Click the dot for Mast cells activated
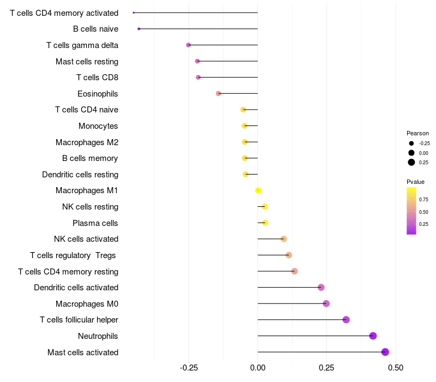tap(385, 352)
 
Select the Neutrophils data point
tap(373, 336)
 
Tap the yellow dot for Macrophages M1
tap(258, 190)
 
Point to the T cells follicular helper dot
tap(346, 320)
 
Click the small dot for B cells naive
tap(139, 29)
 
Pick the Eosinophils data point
tap(219, 93)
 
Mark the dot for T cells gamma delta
tap(189, 45)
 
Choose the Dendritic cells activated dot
tap(321, 288)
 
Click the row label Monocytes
tap(98, 126)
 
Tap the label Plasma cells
tap(95, 223)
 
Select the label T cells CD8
tap(97, 77)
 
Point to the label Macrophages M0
tap(87, 303)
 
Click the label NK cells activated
tap(86, 239)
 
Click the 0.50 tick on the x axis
tap(396, 368)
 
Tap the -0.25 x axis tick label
tap(189, 368)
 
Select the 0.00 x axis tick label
tap(258, 368)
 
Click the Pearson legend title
tap(417, 133)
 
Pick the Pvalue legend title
tap(415, 182)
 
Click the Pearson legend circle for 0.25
tap(411, 162)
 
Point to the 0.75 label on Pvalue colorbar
tap(423, 200)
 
